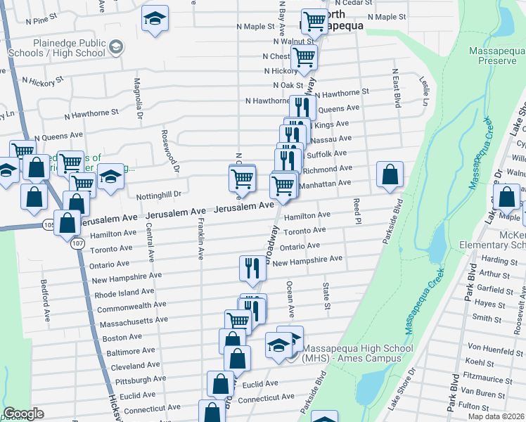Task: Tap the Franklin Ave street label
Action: click(201, 239)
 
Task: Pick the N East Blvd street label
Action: click(396, 87)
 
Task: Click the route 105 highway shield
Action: click(48, 224)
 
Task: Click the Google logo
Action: click(23, 414)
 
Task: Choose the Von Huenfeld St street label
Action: click(493, 348)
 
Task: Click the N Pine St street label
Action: click(41, 21)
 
